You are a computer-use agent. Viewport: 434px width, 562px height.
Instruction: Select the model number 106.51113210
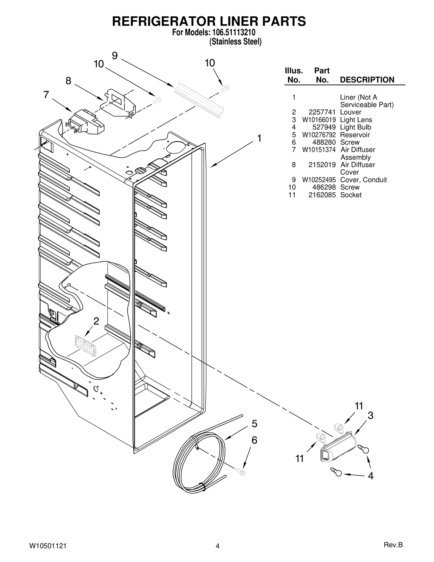232,33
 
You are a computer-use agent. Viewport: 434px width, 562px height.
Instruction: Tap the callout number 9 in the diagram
115,56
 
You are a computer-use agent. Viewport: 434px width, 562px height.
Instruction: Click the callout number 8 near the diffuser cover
68,81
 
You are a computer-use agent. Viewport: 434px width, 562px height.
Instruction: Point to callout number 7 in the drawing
46,95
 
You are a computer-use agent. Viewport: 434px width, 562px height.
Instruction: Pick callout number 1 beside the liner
259,138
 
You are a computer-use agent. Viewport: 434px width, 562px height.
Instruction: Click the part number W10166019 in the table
319,120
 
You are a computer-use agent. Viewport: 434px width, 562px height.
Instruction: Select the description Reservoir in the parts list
355,135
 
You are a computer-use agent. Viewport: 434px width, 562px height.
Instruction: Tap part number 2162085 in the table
322,195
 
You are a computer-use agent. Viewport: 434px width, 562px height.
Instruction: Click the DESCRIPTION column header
367,80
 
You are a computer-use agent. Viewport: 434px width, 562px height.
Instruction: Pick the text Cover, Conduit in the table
363,180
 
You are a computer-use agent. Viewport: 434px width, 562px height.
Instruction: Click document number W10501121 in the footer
47,546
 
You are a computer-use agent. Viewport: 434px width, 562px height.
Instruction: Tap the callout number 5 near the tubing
254,424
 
